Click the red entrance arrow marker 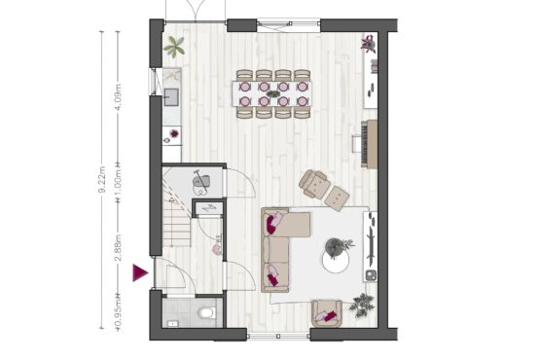pyautogui.click(x=139, y=272)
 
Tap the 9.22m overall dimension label pyautogui.click(x=102, y=180)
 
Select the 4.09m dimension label pyautogui.click(x=118, y=96)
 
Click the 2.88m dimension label pyautogui.click(x=118, y=248)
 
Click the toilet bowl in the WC pyautogui.click(x=206, y=312)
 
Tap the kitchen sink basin pyautogui.click(x=171, y=96)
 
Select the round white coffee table pyautogui.click(x=336, y=260)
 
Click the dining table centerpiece pyautogui.click(x=273, y=93)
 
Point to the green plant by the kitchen pyautogui.click(x=174, y=47)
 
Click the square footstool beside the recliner pyautogui.click(x=338, y=198)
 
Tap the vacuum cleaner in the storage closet pyautogui.click(x=201, y=182)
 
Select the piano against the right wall pyautogui.click(x=369, y=144)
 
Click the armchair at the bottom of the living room pyautogui.click(x=327, y=313)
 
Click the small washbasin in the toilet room pyautogui.click(x=172, y=323)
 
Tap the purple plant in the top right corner pyautogui.click(x=369, y=44)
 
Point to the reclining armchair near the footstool pyautogui.click(x=314, y=184)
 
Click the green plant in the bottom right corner pyautogui.click(x=362, y=305)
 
